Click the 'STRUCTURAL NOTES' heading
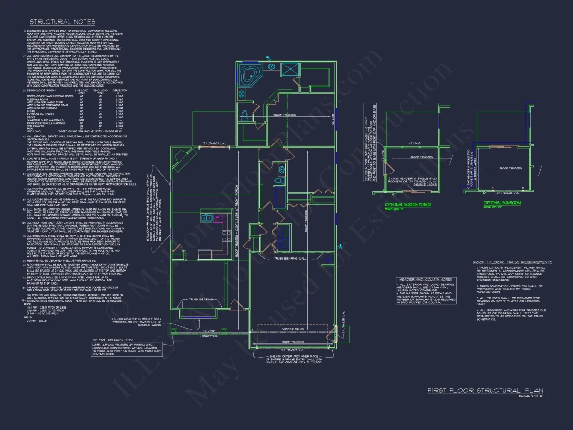(62, 22)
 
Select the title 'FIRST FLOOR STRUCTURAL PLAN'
(484, 390)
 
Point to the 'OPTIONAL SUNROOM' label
(499, 203)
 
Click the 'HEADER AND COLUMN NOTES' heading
(425, 279)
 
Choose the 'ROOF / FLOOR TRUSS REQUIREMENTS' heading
(513, 262)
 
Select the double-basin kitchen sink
(207, 218)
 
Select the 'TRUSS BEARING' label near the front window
(201, 299)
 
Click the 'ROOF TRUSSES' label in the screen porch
(422, 157)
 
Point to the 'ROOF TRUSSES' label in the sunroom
(511, 168)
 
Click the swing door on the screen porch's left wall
(388, 167)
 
